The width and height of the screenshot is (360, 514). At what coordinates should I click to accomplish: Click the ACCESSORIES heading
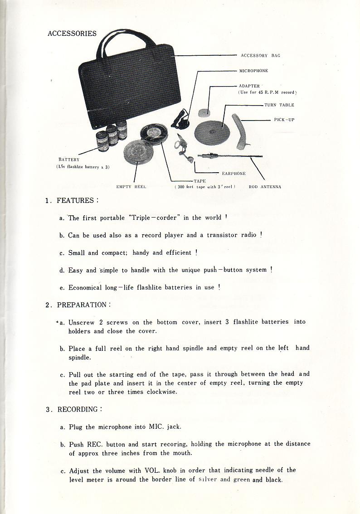click(x=72, y=34)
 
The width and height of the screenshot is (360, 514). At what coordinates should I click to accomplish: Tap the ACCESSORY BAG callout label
click(x=260, y=55)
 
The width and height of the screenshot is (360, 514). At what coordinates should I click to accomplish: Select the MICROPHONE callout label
click(x=253, y=71)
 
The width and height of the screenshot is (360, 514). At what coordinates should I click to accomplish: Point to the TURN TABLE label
click(x=279, y=105)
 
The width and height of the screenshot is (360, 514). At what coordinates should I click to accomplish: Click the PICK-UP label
click(x=284, y=120)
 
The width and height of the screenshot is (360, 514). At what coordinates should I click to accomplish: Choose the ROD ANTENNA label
click(x=265, y=186)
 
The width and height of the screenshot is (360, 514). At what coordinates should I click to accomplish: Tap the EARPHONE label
click(x=234, y=173)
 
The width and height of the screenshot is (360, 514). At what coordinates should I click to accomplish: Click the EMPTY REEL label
click(x=130, y=186)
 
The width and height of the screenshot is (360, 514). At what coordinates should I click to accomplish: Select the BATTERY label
click(x=69, y=160)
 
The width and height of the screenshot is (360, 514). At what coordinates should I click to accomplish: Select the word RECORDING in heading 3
click(x=78, y=409)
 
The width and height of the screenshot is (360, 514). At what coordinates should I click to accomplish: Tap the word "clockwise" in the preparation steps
click(x=161, y=392)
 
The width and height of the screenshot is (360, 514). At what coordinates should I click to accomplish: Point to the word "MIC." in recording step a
click(x=158, y=427)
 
